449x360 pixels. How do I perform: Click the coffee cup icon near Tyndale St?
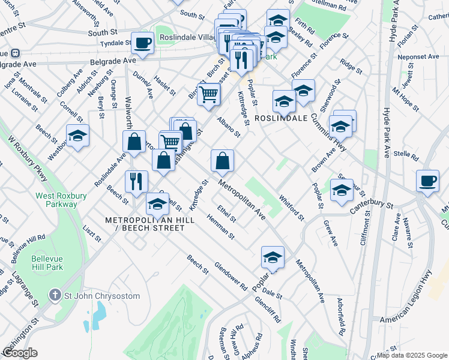click(142, 43)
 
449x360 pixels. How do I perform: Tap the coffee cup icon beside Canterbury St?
click(427, 181)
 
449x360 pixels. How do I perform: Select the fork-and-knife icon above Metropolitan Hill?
click(136, 182)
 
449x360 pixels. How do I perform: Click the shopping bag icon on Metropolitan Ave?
click(222, 161)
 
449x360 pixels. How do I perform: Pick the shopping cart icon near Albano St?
click(208, 94)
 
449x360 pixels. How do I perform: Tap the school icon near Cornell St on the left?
click(77, 136)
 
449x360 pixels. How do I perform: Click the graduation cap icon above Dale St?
click(273, 257)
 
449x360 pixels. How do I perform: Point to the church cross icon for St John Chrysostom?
click(55, 295)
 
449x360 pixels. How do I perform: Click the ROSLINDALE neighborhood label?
click(277, 119)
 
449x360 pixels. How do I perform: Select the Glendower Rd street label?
click(231, 277)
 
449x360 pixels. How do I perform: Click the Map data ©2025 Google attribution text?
click(411, 355)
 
